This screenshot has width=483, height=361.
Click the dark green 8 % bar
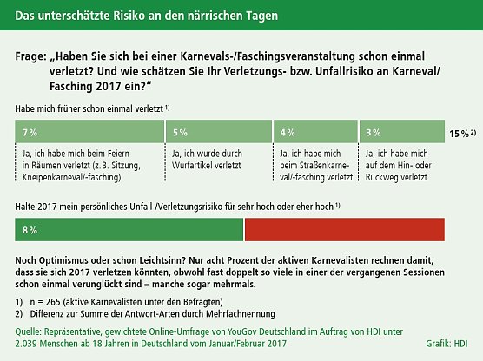(x=129, y=230)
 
